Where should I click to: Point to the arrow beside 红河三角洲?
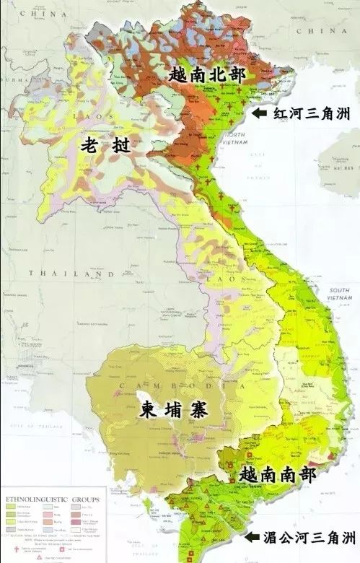point(260,113)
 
